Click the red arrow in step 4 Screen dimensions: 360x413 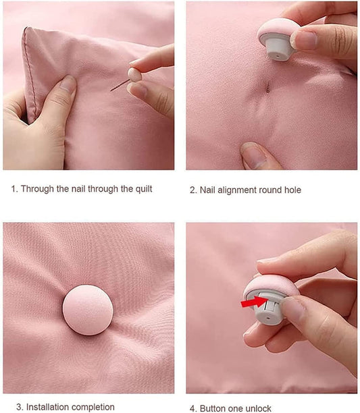pos(255,302)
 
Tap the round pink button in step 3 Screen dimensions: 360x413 pos(88,310)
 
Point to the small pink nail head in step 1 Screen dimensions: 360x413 pos(134,74)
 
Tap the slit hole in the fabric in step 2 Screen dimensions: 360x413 pos(268,86)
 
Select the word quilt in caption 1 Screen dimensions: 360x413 pos(144,189)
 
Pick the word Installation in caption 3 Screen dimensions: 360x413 pos(47,407)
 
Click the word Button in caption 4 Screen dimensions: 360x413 pos(212,408)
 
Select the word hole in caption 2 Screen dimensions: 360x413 pos(292,190)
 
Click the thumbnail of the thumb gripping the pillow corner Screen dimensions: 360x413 pos(67,83)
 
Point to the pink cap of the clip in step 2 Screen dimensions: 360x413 pos(277,30)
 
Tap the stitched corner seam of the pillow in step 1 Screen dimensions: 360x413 pos(29,71)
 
